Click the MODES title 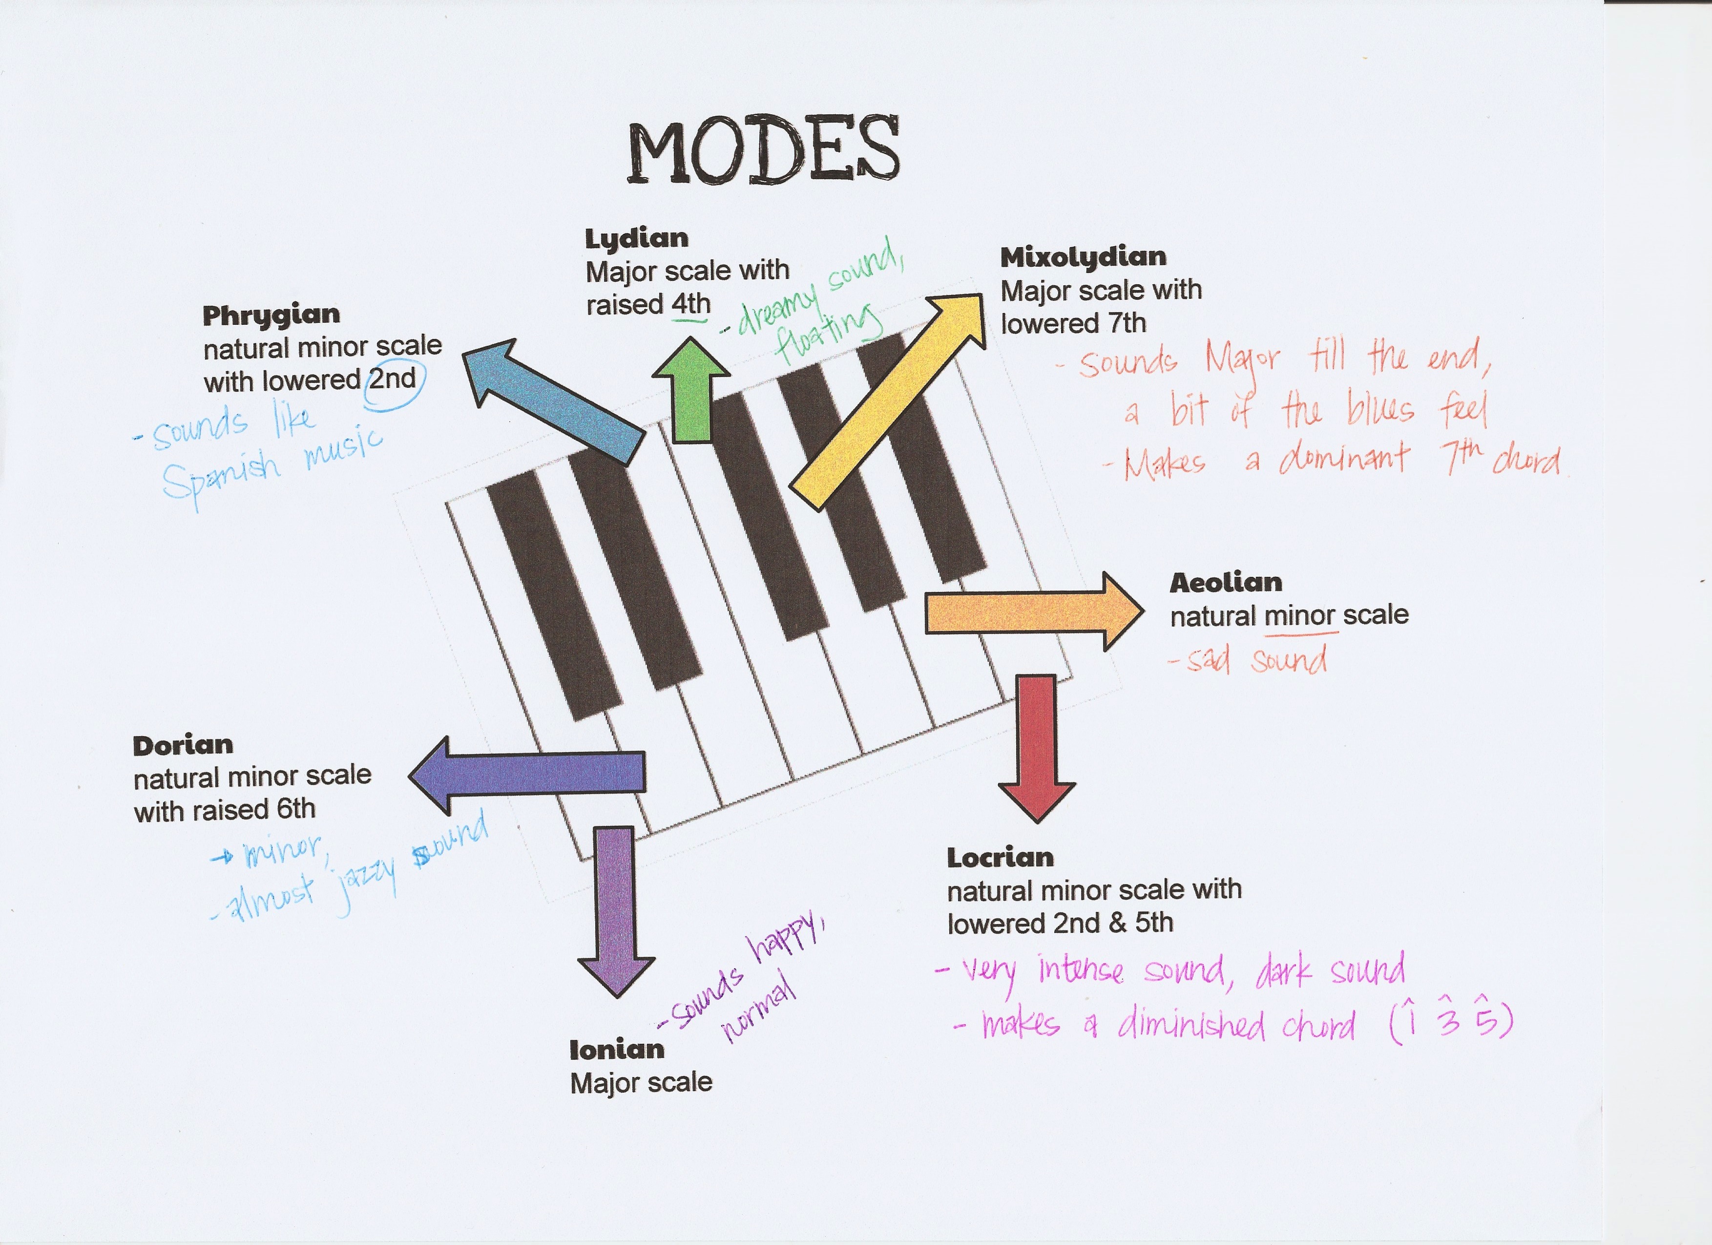click(763, 151)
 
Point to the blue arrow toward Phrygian click(555, 400)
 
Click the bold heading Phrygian click(271, 316)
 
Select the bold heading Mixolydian click(1083, 257)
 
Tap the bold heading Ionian click(617, 1050)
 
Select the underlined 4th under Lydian click(690, 304)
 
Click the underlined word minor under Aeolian click(1295, 616)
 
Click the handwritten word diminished click(1192, 1025)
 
